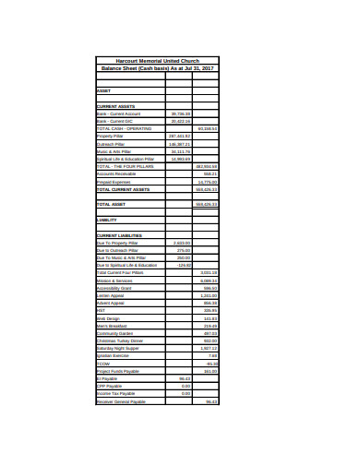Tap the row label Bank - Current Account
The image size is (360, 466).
coord(116,113)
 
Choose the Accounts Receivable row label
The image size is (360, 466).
coord(115,173)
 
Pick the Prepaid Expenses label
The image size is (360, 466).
coord(113,182)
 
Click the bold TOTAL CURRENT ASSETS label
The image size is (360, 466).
coord(122,189)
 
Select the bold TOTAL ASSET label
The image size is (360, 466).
coord(110,204)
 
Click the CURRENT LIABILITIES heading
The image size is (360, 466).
coord(119,235)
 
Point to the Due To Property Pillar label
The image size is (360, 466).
coord(117,243)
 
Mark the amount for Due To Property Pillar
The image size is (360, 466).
coord(182,243)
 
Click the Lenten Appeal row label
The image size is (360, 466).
coord(110,295)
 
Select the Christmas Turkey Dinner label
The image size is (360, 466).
coord(121,341)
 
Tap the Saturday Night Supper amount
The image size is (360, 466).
coord(209,349)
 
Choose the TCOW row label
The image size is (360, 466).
coord(102,364)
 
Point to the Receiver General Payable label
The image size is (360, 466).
coord(121,401)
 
